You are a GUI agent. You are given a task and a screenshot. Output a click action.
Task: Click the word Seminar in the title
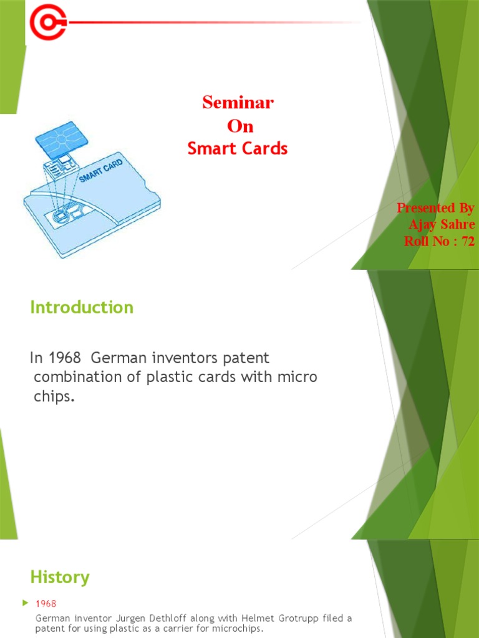(238, 103)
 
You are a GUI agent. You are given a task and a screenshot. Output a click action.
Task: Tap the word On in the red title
(240, 126)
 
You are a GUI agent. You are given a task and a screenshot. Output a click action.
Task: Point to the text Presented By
(435, 208)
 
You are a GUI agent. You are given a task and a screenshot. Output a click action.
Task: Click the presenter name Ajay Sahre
(441, 224)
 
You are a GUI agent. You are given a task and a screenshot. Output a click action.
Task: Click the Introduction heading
(82, 307)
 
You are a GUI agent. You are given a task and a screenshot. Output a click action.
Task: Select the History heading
(60, 577)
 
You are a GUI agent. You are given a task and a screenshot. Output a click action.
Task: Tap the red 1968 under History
(46, 603)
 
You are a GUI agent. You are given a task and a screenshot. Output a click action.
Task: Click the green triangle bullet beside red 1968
(25, 602)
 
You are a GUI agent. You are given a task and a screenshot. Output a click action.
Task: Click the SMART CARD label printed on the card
(101, 170)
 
